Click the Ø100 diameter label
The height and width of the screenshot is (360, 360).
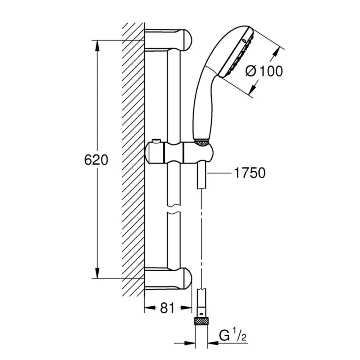pyautogui.click(x=264, y=71)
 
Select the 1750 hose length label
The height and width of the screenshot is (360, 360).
pyautogui.click(x=248, y=173)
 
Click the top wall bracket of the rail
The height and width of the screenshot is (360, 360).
pyautogui.click(x=168, y=40)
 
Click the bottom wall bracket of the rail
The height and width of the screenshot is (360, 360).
pyautogui.click(x=168, y=278)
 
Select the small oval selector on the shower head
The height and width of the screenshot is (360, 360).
pyautogui.click(x=244, y=41)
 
